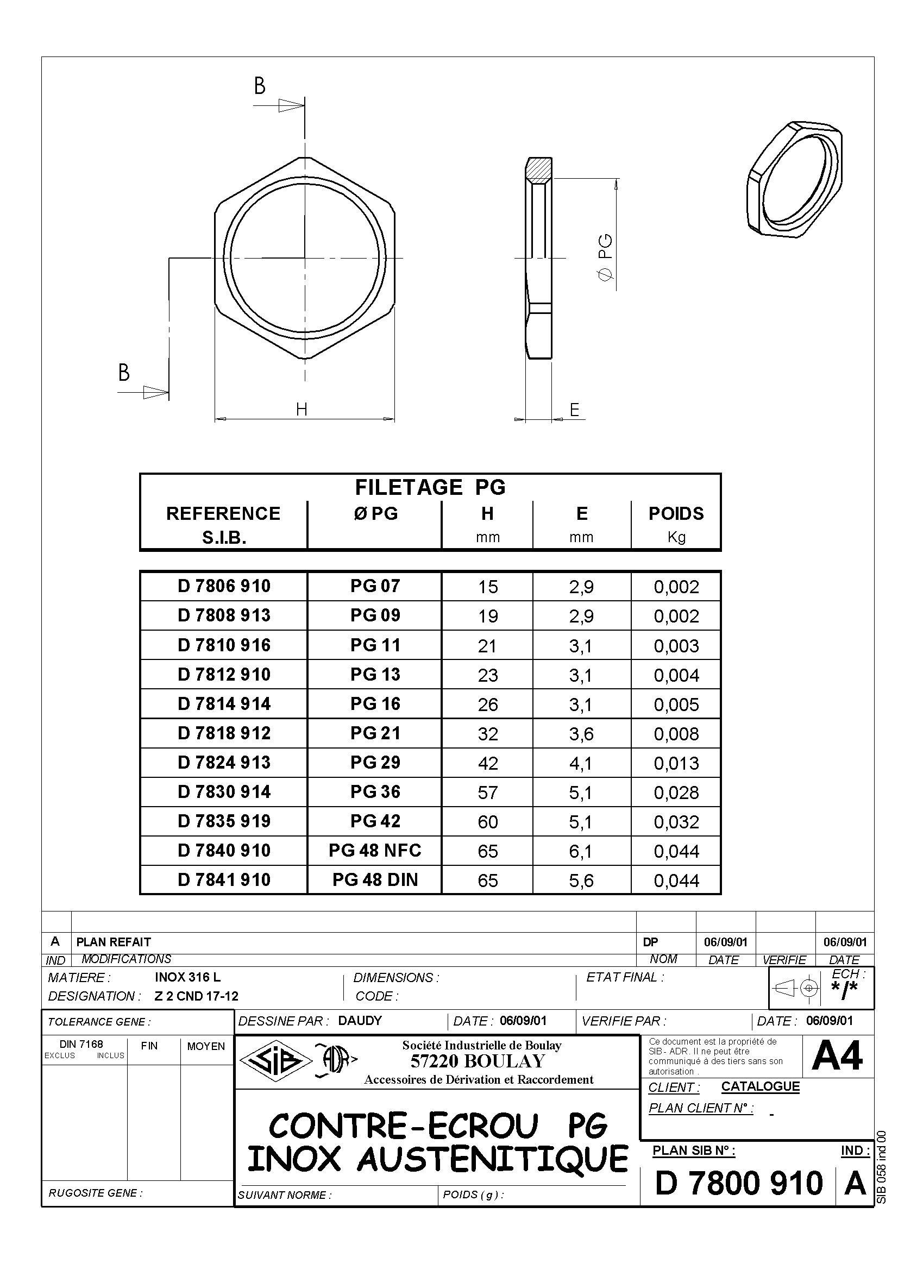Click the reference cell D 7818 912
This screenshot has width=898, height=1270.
[x=224, y=733]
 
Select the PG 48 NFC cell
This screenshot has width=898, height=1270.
[x=375, y=851]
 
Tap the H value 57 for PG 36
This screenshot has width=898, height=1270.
[x=487, y=793]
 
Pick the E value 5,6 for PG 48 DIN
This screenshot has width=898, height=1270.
[x=581, y=881]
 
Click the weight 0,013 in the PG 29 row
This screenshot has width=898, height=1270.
[x=676, y=763]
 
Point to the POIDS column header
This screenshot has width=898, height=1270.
[x=676, y=513]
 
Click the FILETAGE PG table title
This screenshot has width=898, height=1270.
[x=430, y=487]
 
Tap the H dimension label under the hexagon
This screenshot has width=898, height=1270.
[x=302, y=410]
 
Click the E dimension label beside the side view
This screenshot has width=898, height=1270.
[x=574, y=410]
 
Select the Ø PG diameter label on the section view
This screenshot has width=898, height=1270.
[x=606, y=259]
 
